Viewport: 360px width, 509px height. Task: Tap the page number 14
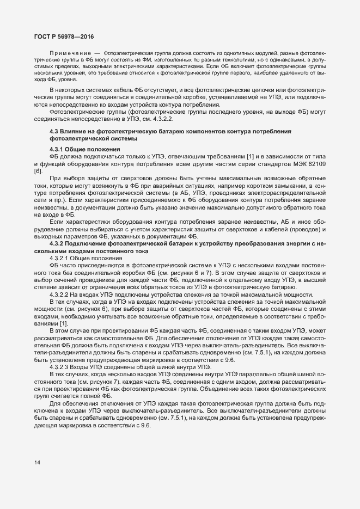[x=37, y=463]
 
